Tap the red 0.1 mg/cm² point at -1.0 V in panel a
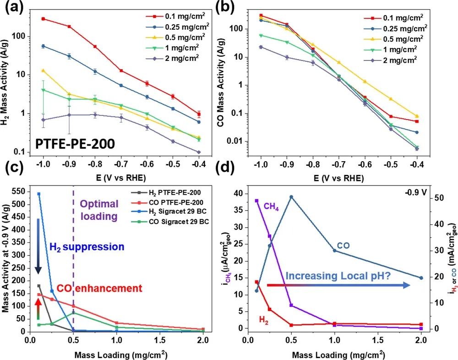pyautogui.click(x=43, y=19)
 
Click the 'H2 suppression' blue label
pyautogui.click(x=87, y=247)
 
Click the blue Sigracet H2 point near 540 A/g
pyautogui.click(x=39, y=194)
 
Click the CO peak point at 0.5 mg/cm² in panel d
pyautogui.click(x=291, y=197)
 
